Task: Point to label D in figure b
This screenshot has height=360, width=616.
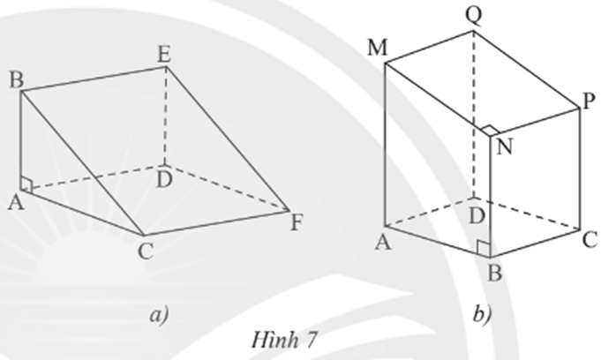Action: pos(477,214)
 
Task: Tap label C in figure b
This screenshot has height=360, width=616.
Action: pos(590,236)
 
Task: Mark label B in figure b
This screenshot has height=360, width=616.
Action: pos(494,274)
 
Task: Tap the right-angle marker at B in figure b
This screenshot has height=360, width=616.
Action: pos(482,248)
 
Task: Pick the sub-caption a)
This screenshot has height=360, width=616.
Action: pos(158,311)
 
